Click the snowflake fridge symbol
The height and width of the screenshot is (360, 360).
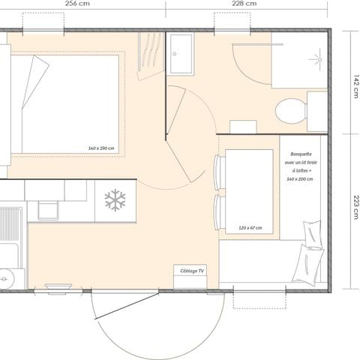[115, 200]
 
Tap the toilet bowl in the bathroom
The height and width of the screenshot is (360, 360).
[289, 112]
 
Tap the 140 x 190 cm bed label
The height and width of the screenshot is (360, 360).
[100, 148]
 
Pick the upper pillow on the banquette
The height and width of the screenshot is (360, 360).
[312, 233]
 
